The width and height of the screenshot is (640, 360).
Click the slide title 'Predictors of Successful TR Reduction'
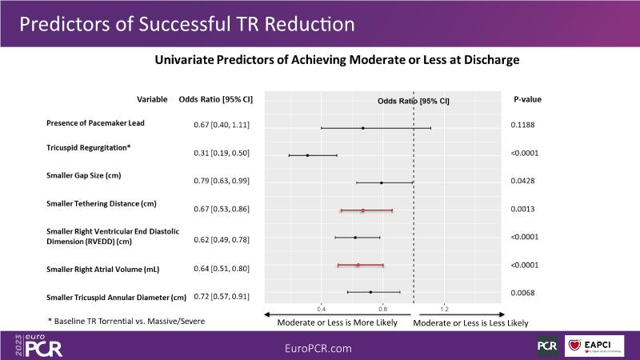pos(186,23)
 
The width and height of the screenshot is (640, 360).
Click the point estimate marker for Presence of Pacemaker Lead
pos(362,127)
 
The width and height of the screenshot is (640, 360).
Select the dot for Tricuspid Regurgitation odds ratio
pos(307,155)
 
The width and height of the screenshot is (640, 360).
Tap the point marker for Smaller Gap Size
pos(382,182)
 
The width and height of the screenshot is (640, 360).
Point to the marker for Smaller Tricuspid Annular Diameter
pos(370,292)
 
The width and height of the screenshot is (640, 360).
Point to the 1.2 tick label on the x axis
pos(445,308)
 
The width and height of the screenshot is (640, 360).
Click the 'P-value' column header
pos(527,100)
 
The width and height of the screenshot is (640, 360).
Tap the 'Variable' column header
pos(152,100)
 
